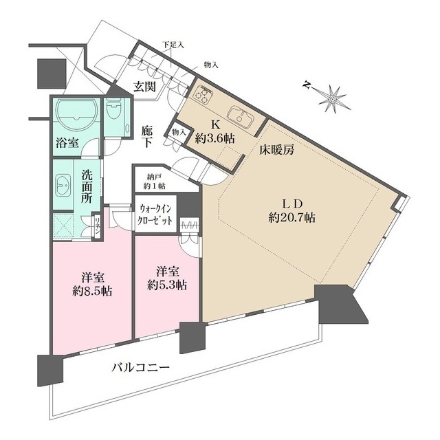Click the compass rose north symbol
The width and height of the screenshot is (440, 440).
coord(333,98)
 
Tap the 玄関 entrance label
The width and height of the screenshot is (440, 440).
coord(144,88)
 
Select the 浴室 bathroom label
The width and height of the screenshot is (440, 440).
coord(67,144)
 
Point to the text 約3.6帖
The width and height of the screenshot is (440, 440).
coord(214,139)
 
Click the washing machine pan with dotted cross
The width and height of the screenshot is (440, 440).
coord(67,225)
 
